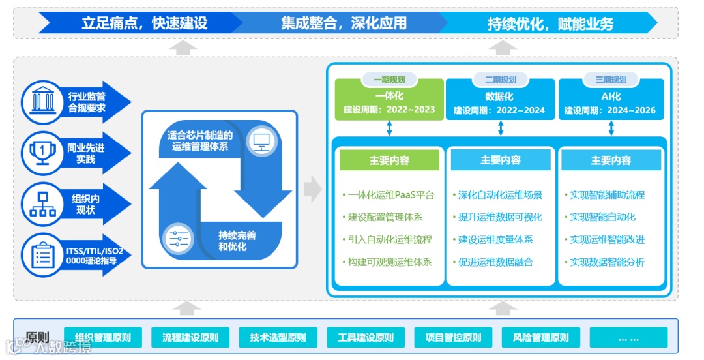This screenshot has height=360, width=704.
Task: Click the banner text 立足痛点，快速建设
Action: (x=144, y=23)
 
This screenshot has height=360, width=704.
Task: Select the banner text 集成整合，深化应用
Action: (x=344, y=23)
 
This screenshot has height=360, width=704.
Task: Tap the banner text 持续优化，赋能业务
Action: (x=550, y=24)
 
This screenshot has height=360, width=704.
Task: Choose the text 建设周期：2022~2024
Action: (x=499, y=110)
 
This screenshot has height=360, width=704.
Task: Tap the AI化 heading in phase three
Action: (x=611, y=97)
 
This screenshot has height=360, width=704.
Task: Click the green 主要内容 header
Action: (x=389, y=160)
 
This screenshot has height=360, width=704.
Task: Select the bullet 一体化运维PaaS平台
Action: (x=391, y=194)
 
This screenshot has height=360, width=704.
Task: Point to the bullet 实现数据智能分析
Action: (x=607, y=262)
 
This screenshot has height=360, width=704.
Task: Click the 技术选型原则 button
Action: (x=278, y=338)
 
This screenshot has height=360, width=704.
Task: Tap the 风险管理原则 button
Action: (x=540, y=338)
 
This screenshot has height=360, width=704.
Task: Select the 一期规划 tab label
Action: (x=389, y=80)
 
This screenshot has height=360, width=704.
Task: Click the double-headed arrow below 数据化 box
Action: (x=500, y=128)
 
